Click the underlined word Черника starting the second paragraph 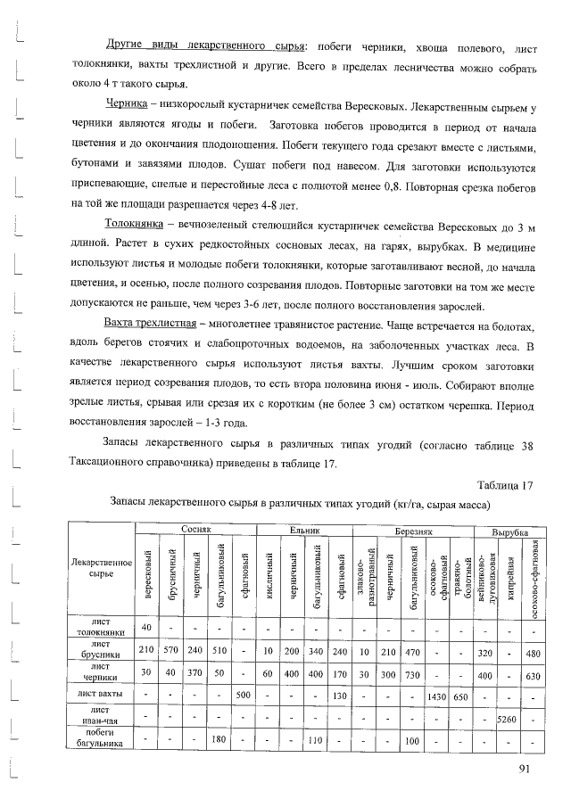pos(126,105)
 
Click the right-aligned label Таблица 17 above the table pos(505,485)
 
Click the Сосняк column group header pos(194,530)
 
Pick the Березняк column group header pos(413,530)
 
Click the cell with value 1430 pos(436,694)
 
